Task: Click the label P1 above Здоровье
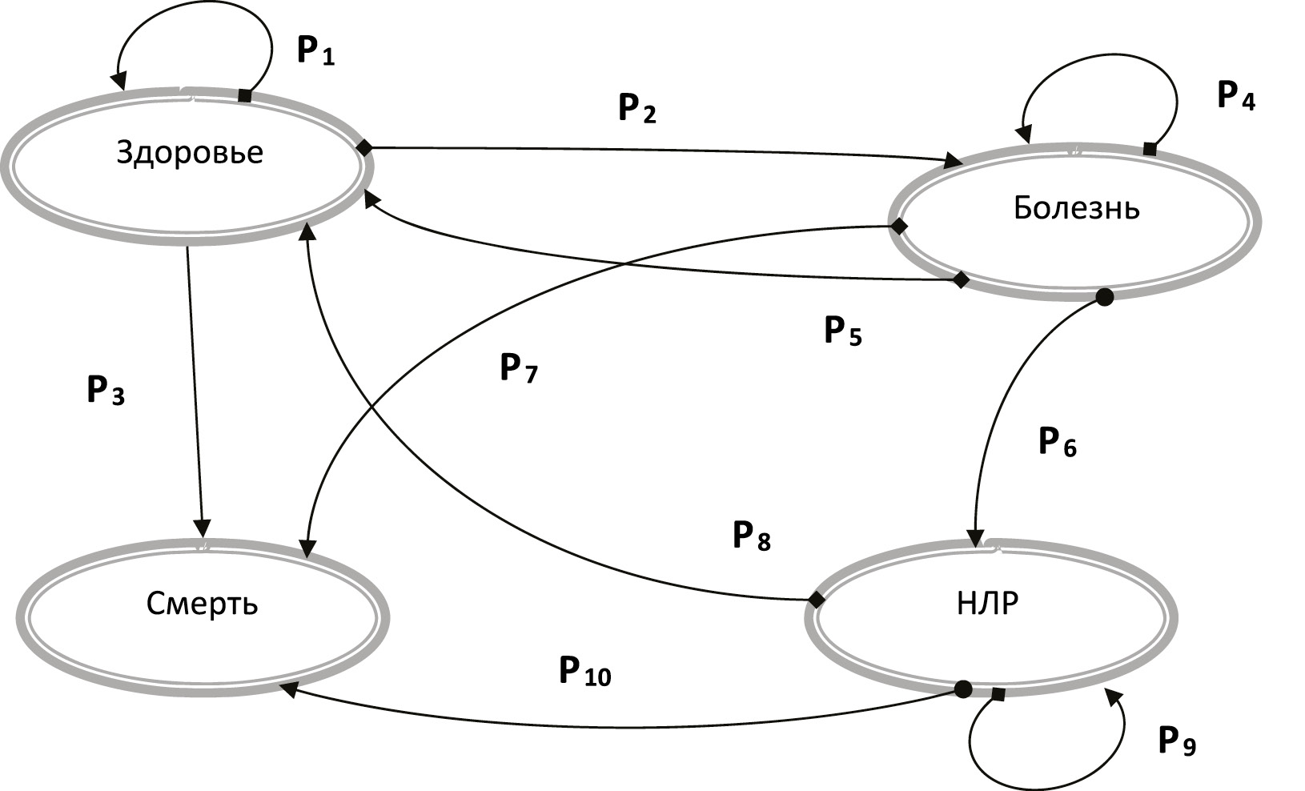coord(315,51)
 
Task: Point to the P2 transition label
coord(637,108)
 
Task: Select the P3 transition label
coord(106,391)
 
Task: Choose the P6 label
coord(1057,442)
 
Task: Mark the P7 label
coord(519,368)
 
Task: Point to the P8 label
coord(752,536)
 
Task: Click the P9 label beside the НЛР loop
coord(1177,742)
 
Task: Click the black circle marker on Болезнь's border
coord(1104,298)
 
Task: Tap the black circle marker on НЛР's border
coord(963,689)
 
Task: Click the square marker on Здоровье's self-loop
coord(245,96)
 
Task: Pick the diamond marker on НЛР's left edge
coord(816,600)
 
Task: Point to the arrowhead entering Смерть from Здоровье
coord(203,528)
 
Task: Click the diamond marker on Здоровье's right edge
coord(364,147)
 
